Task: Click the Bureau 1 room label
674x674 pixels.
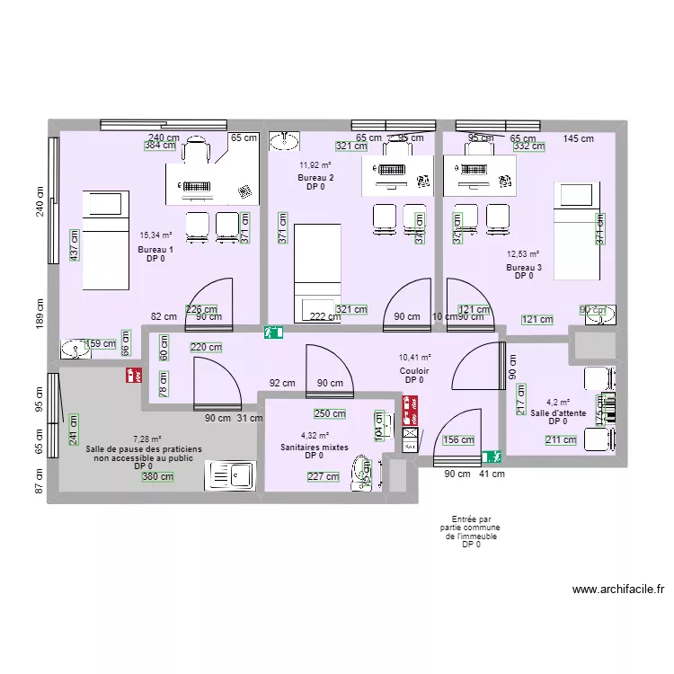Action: tap(155, 249)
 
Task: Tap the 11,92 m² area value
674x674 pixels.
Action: tap(315, 165)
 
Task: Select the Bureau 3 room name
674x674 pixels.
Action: tap(524, 267)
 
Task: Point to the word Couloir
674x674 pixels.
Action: tap(414, 370)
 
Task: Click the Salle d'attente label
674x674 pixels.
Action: tap(558, 413)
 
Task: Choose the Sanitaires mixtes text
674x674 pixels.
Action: tap(315, 447)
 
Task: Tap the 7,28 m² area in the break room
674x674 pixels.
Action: tap(147, 439)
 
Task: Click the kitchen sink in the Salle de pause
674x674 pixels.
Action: tap(230, 474)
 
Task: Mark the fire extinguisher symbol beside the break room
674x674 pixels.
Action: tap(135, 375)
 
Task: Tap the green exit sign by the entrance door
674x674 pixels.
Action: tap(491, 457)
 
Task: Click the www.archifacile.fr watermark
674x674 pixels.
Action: tap(617, 590)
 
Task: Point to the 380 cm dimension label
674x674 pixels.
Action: tap(157, 478)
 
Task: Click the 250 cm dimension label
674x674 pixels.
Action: tap(329, 414)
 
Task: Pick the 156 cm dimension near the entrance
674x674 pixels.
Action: tap(458, 440)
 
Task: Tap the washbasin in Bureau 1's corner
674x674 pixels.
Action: tap(72, 350)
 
